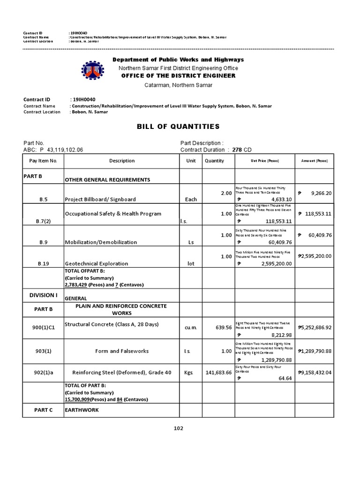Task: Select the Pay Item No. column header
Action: point(43,161)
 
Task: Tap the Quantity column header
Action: point(214,161)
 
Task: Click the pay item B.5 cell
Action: point(43,199)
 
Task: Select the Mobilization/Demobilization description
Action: point(101,242)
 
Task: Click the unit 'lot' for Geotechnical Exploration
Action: point(191,264)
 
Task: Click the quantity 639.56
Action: point(223,327)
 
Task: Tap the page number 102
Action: point(178,428)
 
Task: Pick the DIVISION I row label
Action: point(43,295)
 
